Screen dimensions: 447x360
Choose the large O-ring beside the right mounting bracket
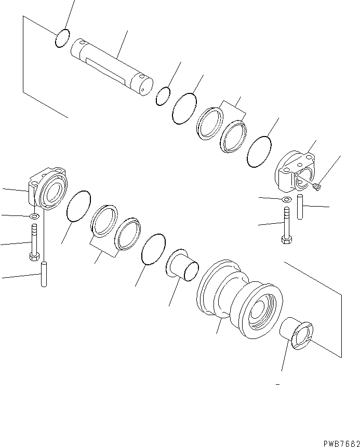tap(259, 152)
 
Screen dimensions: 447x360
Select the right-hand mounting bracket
tap(296, 170)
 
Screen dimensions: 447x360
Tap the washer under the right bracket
tap(286, 199)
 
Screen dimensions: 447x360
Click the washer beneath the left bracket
tap(34, 215)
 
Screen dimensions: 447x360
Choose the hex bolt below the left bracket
tap(34, 242)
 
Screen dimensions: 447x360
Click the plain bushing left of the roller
tap(182, 264)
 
